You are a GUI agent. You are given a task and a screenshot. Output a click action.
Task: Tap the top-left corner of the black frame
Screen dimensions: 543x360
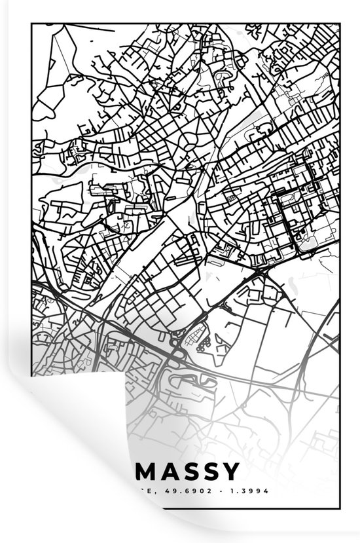31,23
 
